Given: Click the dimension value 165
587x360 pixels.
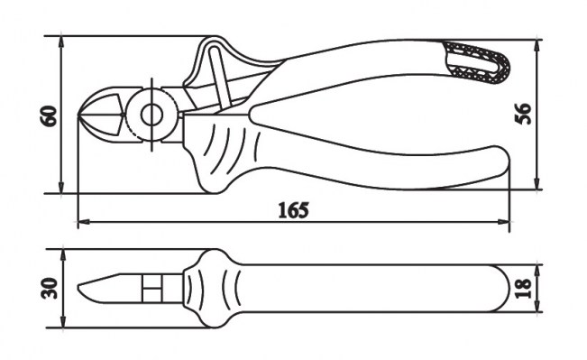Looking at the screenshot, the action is click(294, 210).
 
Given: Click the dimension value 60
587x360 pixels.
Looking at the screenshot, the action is click(50, 115).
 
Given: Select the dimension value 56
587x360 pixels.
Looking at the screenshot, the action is click(523, 114).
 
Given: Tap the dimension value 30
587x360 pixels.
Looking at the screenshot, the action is click(50, 288).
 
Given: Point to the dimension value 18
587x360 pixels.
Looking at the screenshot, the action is click(523, 288).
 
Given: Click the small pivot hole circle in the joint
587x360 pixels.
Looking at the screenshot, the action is click(151, 115).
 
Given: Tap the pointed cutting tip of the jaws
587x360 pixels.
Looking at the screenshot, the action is click(79, 114).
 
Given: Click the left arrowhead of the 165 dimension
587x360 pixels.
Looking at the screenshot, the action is click(83, 222).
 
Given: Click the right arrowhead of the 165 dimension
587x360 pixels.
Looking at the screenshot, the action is click(504, 222).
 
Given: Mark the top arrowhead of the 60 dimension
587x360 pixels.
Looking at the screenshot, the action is click(61, 42).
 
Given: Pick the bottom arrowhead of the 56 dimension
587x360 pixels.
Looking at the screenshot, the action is click(537, 183).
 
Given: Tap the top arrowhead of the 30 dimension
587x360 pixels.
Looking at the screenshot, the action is click(63, 255).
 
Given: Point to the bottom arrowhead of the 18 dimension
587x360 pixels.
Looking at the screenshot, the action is click(538, 306).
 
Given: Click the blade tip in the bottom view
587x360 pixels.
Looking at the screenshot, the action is click(79, 288).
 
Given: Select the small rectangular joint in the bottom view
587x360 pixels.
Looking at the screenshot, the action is click(151, 289).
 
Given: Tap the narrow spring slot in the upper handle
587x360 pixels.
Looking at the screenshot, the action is click(221, 77).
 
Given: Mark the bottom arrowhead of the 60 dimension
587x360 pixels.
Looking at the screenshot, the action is click(61, 188).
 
